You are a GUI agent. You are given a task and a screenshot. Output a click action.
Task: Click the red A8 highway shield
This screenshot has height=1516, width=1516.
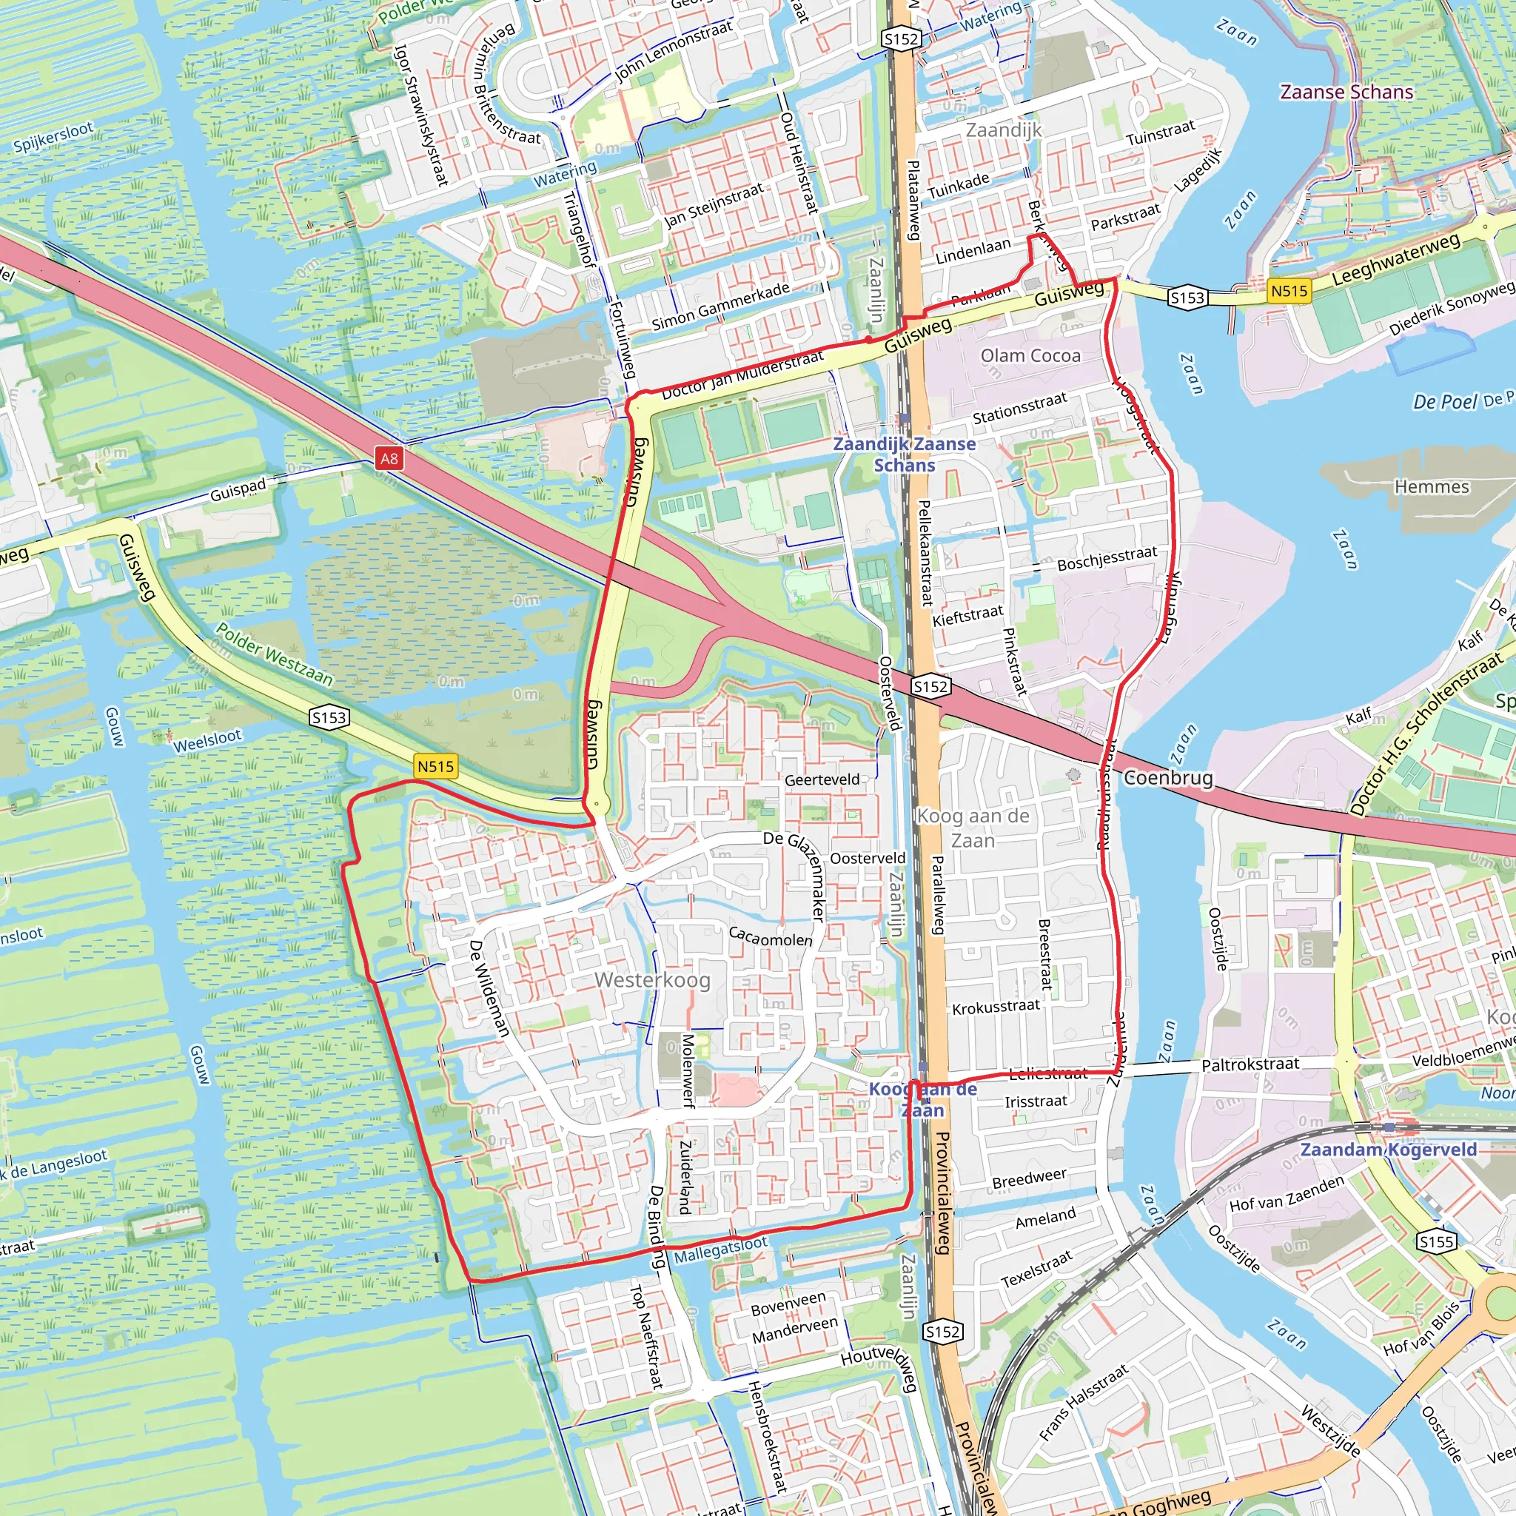(x=389, y=458)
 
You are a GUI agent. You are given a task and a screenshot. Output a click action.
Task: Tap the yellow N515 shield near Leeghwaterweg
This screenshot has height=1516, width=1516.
(x=1289, y=291)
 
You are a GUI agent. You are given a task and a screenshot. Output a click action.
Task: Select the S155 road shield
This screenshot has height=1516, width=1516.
(x=1437, y=1241)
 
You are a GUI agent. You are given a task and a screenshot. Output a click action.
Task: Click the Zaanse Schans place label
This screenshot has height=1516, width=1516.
(x=1346, y=92)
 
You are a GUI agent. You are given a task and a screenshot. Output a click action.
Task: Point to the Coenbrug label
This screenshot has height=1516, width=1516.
(x=1168, y=778)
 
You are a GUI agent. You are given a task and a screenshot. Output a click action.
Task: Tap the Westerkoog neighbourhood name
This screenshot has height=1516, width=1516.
(x=652, y=979)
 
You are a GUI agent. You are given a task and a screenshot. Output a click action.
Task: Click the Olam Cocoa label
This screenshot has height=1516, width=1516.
(x=1030, y=355)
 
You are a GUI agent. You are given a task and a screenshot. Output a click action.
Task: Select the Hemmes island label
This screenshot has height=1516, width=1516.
(x=1432, y=486)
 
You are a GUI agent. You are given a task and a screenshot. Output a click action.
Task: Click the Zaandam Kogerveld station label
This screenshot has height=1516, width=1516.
(x=1388, y=1150)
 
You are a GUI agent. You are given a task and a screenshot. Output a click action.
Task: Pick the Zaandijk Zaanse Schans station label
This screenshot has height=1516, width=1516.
(x=904, y=455)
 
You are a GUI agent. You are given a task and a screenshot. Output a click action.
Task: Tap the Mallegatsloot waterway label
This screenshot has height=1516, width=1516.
(x=720, y=1250)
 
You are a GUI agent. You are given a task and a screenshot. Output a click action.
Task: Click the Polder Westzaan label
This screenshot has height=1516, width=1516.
(x=274, y=654)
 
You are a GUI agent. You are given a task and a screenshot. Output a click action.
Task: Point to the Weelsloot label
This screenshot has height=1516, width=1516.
(x=207, y=740)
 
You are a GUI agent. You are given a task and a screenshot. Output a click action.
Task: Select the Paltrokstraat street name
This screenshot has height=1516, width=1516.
(x=1250, y=1064)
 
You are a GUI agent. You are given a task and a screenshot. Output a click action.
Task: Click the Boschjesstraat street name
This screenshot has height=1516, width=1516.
(x=1107, y=559)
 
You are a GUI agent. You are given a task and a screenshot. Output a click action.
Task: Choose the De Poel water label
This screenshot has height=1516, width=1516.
(x=1445, y=402)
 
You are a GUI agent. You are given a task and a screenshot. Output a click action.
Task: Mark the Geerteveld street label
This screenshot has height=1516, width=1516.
(x=822, y=779)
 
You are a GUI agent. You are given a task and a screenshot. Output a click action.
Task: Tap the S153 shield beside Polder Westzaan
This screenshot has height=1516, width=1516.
(x=329, y=717)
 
